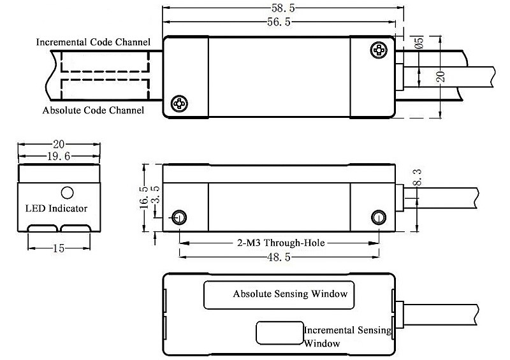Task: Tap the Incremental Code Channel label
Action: pos(93,43)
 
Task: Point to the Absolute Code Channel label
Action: pos(93,110)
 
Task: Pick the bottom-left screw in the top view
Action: pos(180,103)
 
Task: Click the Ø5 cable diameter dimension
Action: pos(419,43)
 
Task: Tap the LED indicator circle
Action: pos(66,192)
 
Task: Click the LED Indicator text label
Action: pos(56,208)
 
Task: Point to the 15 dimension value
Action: pos(58,248)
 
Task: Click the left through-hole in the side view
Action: pos(180,217)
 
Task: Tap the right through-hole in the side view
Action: pos(379,217)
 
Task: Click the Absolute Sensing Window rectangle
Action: pos(277,294)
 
